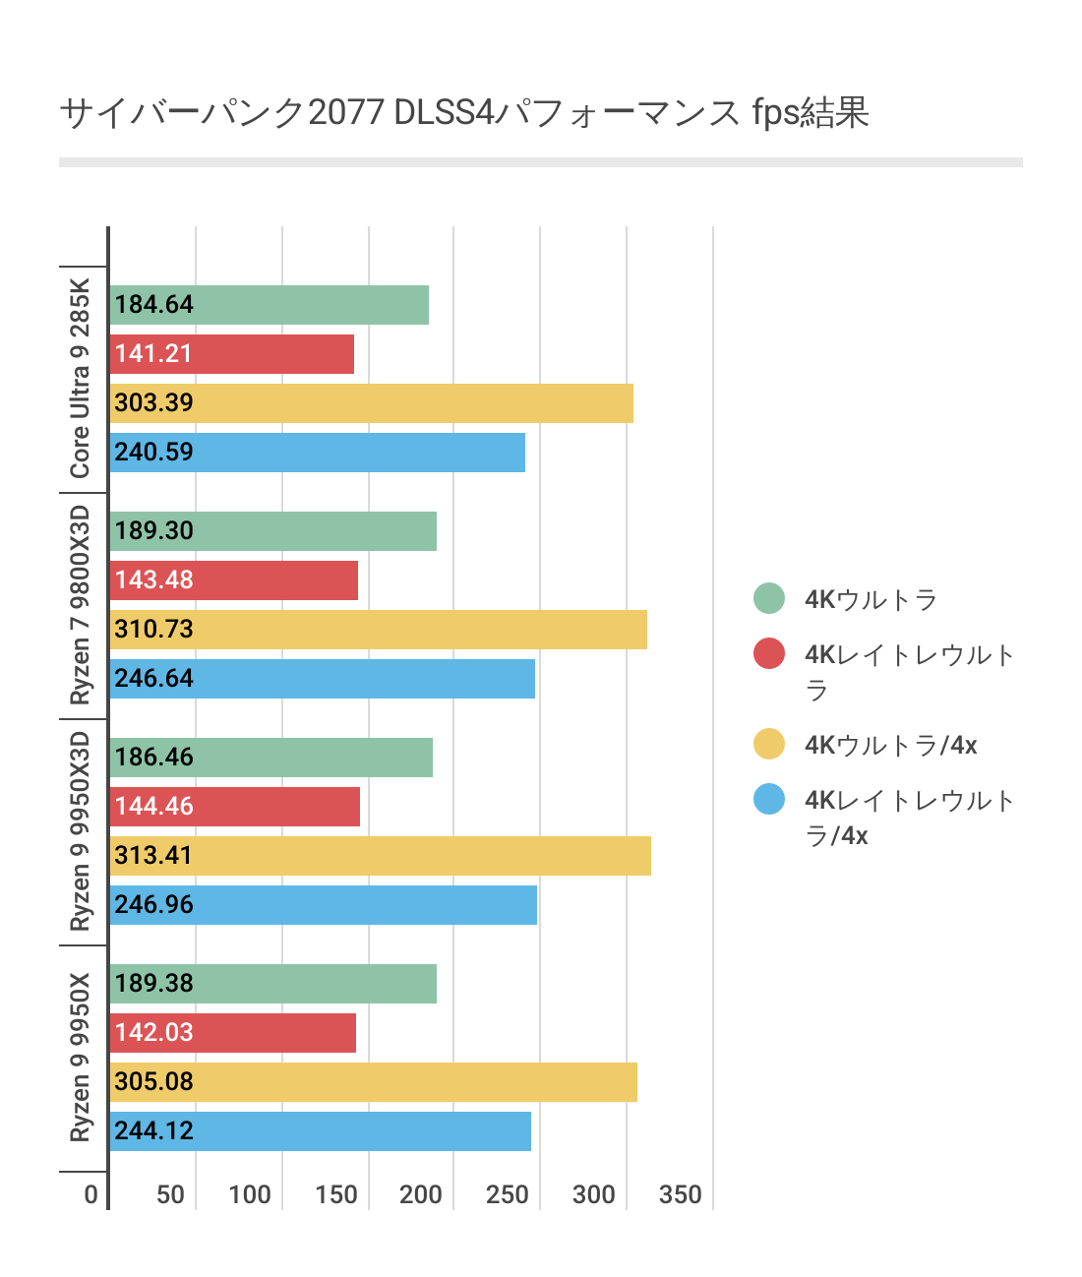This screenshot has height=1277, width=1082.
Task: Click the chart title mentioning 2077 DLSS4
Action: pyautogui.click(x=464, y=112)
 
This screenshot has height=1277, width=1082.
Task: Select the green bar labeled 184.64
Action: pyautogui.click(x=269, y=305)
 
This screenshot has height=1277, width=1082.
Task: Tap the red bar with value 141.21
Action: pyautogui.click(x=231, y=354)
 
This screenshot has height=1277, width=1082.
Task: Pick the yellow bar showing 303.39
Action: pyautogui.click(x=371, y=403)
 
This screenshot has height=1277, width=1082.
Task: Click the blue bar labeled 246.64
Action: pyautogui.click(x=322, y=679)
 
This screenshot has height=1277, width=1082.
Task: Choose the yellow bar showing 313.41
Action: pyautogui.click(x=380, y=856)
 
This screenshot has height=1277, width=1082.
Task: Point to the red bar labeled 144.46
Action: pyautogui.click(x=234, y=807)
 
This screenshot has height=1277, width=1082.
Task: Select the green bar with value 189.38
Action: pyautogui.click(x=272, y=984)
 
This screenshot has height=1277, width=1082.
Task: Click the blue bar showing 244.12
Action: pyautogui.click(x=320, y=1131)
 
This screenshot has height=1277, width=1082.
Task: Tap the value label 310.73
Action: pyautogui.click(x=154, y=630)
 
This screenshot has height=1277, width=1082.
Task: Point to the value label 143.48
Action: pyautogui.click(x=154, y=580)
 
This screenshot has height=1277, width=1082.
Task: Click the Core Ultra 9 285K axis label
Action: pyautogui.click(x=80, y=379)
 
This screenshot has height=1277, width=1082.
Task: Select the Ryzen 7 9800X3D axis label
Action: pyautogui.click(x=80, y=605)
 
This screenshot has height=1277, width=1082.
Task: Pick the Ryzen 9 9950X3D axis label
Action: pyautogui.click(x=80, y=831)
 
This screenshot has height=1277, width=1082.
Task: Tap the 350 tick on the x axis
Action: pyautogui.click(x=681, y=1194)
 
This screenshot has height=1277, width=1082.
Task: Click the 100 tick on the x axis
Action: pyautogui.click(x=250, y=1194)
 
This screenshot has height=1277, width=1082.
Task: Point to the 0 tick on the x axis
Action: pyautogui.click(x=91, y=1194)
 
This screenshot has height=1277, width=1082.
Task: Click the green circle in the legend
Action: pyautogui.click(x=769, y=598)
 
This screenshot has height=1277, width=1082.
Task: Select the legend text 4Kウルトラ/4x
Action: pyautogui.click(x=891, y=745)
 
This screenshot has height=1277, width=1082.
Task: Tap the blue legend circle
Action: pyautogui.click(x=769, y=799)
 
